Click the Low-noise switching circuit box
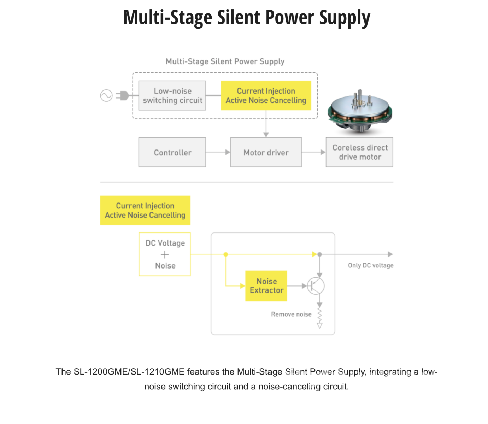172,95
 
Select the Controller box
172,152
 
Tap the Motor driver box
266,152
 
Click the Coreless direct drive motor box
359,152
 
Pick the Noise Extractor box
266,286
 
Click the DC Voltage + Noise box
165,254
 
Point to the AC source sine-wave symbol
106,95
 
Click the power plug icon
123,95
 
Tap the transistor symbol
316,286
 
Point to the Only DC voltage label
370,265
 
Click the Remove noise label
291,314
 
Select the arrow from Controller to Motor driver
218,152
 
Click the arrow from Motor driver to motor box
313,152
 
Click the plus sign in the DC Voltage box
165,254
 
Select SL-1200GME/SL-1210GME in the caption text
129,372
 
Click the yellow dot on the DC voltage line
226,254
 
